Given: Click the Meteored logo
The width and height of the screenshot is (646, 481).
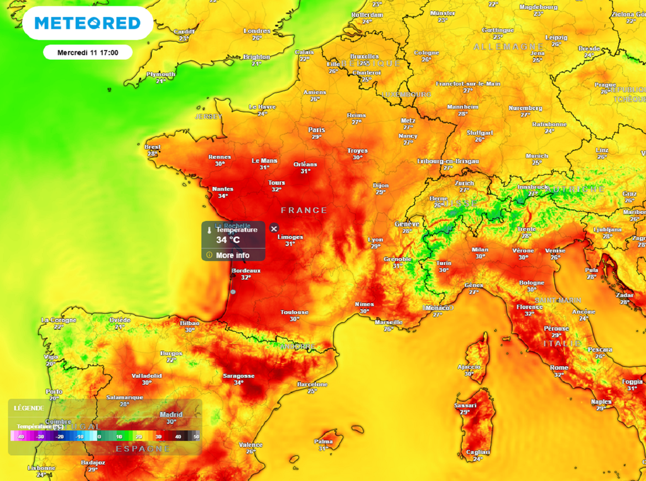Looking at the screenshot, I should point(87,23).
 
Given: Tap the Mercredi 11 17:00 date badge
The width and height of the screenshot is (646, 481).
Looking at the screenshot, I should point(88,52).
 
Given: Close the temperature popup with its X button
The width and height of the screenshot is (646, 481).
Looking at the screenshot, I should point(274,229).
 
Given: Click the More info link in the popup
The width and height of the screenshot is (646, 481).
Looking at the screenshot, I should point(232,255).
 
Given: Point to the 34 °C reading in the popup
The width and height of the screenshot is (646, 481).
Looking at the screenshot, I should point(228,240).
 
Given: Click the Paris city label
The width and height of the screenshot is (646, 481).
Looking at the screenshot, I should point(316,130).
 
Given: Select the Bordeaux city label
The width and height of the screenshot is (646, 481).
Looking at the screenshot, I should point(245,271).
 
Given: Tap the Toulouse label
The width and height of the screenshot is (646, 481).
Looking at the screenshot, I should point(295,312).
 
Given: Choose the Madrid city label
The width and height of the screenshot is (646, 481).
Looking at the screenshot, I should point(170,415).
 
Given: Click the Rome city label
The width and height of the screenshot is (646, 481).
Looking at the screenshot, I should point(559,367).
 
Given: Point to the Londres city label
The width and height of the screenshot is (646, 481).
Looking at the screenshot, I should point(257,31).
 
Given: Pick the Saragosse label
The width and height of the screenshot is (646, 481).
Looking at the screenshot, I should point(238,376).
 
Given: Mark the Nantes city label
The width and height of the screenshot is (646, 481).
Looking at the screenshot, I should point(223,189).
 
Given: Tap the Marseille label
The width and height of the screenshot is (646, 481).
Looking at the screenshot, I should point(389,322).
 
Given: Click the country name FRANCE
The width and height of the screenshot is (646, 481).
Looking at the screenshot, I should point(304,210).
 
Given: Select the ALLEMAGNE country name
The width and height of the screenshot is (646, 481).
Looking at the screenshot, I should point(508,47).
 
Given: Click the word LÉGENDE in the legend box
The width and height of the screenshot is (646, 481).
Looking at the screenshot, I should point(29,408).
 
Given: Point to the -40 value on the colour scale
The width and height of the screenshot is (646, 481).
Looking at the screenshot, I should point(21,436).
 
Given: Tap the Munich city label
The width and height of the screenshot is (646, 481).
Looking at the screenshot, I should point(537,155).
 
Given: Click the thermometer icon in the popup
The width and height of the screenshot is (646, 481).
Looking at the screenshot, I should point(209,230).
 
